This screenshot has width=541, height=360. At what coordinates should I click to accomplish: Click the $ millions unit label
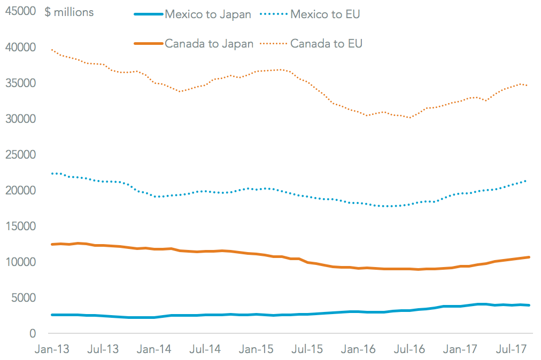(x=69, y=12)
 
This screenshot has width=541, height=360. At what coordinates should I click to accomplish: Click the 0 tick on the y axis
(x=33, y=333)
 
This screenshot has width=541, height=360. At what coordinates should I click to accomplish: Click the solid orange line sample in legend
(x=148, y=44)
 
